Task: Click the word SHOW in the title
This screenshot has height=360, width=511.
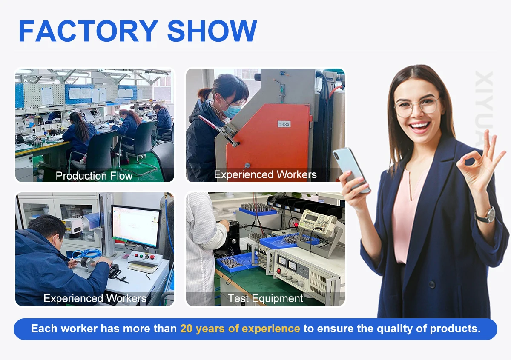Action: tap(212, 31)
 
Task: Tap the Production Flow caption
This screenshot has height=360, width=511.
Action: tap(94, 176)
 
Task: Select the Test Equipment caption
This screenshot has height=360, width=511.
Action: tap(265, 298)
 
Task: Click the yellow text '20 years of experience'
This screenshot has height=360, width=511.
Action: tap(240, 329)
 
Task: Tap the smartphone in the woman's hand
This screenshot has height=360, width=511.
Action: tap(352, 170)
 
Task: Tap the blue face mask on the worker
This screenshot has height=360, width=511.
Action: tap(231, 110)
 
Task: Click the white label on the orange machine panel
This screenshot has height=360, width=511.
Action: tap(284, 124)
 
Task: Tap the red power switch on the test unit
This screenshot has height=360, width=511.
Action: tap(278, 271)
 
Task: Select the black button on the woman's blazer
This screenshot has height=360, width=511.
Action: tap(432, 284)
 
